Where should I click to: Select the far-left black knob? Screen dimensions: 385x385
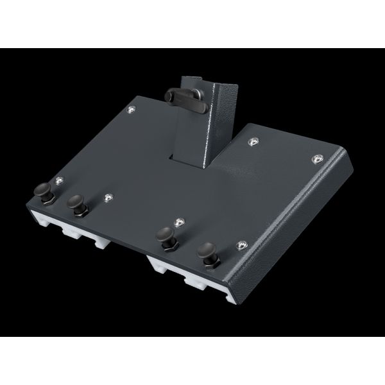click(44, 191)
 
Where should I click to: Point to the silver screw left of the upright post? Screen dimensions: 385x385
click(132, 110)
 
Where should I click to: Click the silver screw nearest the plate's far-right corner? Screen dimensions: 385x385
click(316, 158)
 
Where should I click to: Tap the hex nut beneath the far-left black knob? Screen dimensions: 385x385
click(46, 200)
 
